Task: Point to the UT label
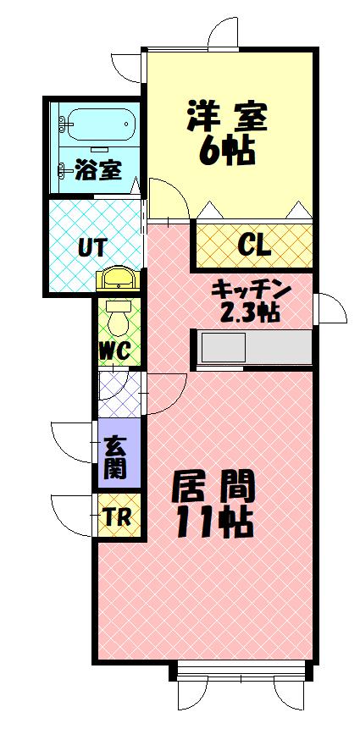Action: click(91, 248)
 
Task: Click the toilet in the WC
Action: click(119, 318)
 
